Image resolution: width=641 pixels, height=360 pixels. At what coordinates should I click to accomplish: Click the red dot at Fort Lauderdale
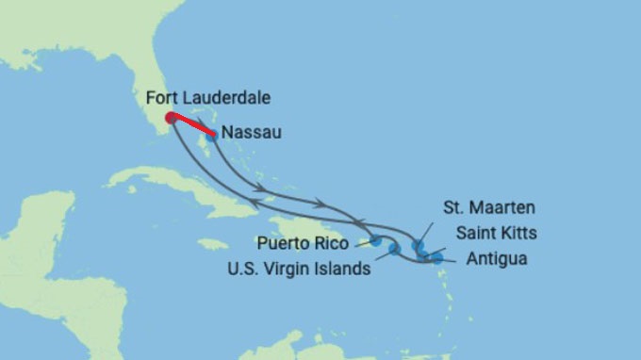(171, 118)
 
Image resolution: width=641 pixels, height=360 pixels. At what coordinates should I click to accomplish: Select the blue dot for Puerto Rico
(376, 240)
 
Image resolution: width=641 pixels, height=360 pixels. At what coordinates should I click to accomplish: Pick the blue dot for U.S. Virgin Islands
(394, 249)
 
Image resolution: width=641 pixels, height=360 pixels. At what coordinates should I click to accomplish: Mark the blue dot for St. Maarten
(419, 245)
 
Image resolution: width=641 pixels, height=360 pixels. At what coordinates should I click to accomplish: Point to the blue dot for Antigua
(436, 256)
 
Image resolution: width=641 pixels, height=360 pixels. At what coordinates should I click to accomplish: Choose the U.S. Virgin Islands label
(298, 269)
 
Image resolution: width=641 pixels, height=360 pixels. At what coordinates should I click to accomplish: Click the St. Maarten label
(489, 206)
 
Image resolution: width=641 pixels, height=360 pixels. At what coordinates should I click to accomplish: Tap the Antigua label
(495, 258)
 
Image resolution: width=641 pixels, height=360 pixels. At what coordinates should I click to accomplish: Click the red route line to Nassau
(192, 125)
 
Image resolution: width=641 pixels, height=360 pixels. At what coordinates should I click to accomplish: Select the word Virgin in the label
(288, 269)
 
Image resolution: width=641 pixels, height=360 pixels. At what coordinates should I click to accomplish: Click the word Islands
(340, 269)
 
